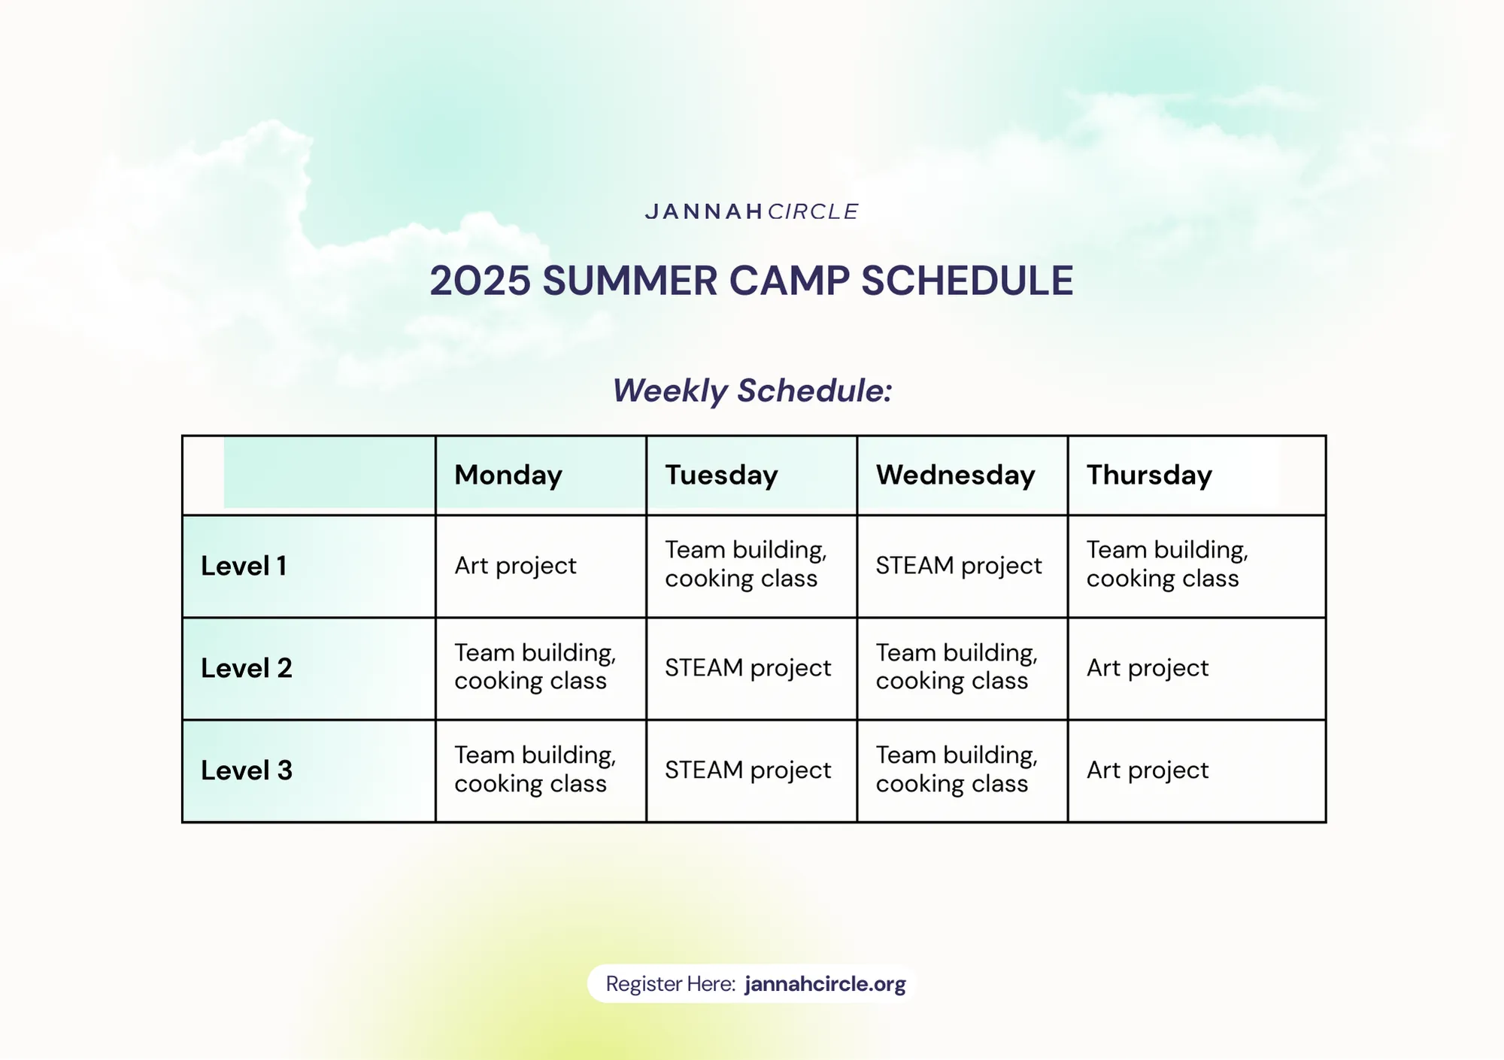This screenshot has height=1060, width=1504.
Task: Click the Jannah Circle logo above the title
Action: pos(751,211)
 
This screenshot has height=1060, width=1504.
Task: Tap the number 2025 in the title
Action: pos(480,281)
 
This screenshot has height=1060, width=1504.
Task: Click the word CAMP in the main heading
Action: pos(789,281)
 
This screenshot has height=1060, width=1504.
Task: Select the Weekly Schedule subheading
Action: pos(752,390)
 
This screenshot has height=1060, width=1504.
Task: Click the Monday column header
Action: pos(508,475)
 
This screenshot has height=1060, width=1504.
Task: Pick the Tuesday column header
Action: pos(721,475)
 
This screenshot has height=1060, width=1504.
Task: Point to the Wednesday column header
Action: pos(956,475)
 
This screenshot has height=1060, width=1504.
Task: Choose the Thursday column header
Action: pos(1149,475)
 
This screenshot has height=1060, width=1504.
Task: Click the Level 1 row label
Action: pos(244,566)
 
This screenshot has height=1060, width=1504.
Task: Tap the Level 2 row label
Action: pos(247,668)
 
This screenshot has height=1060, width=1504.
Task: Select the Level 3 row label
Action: pos(247,770)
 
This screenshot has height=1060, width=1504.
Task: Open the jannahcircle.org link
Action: pos(826,984)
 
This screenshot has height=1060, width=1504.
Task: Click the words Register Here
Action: pos(671,984)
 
